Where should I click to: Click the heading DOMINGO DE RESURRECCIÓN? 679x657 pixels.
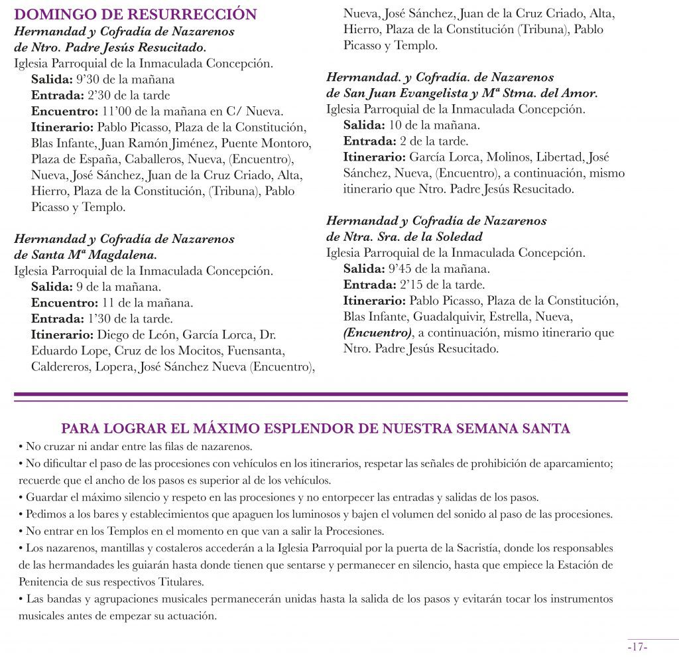[135, 15]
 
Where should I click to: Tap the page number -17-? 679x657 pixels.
[637, 647]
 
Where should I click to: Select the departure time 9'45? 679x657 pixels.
[402, 269]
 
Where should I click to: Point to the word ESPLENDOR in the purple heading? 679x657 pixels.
[300, 429]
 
